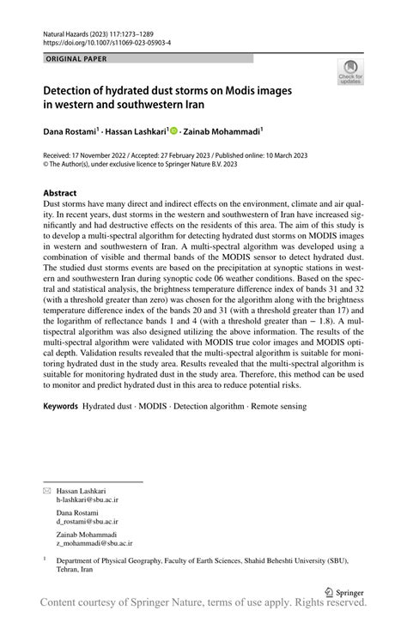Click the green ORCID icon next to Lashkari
point(173,130)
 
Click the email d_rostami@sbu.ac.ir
point(88,521)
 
